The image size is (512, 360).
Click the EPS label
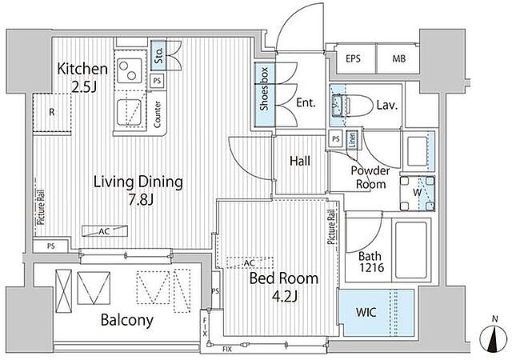click(353, 59)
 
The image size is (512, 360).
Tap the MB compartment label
click(398, 59)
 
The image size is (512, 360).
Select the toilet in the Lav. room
click(352, 105)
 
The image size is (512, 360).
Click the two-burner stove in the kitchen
click(128, 70)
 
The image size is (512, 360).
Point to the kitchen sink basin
click(129, 112)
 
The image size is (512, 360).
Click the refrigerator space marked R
click(52, 113)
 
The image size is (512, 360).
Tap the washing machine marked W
click(418, 193)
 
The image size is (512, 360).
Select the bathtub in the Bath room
click(410, 250)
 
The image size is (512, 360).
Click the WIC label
click(366, 313)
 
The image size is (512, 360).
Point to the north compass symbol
click(495, 337)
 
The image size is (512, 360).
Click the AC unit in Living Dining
click(105, 231)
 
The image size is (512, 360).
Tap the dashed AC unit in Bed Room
click(250, 263)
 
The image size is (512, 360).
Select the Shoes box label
click(264, 89)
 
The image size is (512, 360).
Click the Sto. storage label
click(158, 56)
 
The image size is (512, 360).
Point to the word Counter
click(158, 114)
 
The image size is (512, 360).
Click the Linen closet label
click(352, 140)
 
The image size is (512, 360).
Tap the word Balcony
click(127, 320)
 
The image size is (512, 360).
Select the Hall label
click(300, 161)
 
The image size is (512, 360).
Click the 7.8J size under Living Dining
click(141, 199)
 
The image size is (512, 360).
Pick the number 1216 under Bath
click(372, 268)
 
